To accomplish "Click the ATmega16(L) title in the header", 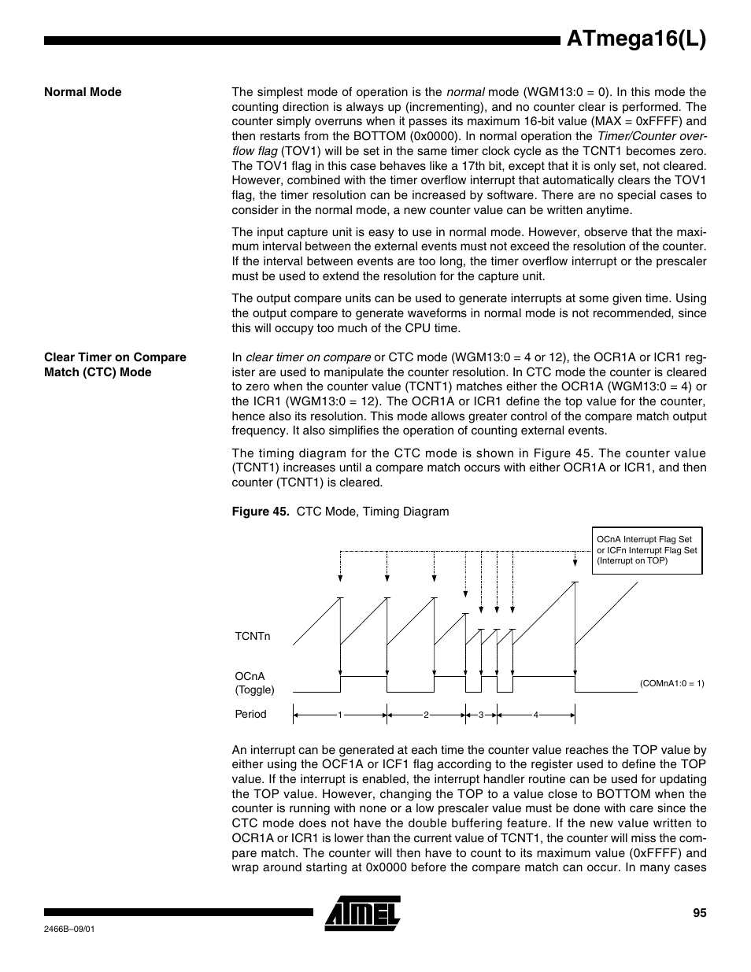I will pos(636,39).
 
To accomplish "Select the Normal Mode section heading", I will pos(83,92).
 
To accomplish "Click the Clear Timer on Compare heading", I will pos(115,357).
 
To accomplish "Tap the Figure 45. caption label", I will pos(261,512).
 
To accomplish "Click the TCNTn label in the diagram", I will pos(252,636).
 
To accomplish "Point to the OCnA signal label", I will pos(250,676).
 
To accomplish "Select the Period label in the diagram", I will pos(250,714).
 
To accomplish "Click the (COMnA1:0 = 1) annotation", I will pos(671,684).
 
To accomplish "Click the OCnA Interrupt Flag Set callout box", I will pos(646,550).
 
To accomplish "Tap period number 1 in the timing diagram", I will pos(340,715).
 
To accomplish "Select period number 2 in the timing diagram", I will pos(425,715).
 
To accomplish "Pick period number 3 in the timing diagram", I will pos(480,715).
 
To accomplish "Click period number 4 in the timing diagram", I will pos(535,715).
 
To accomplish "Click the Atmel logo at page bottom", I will pos(363,913).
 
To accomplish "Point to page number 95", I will pos(699,913).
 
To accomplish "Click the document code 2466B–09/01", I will pos(70,929).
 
